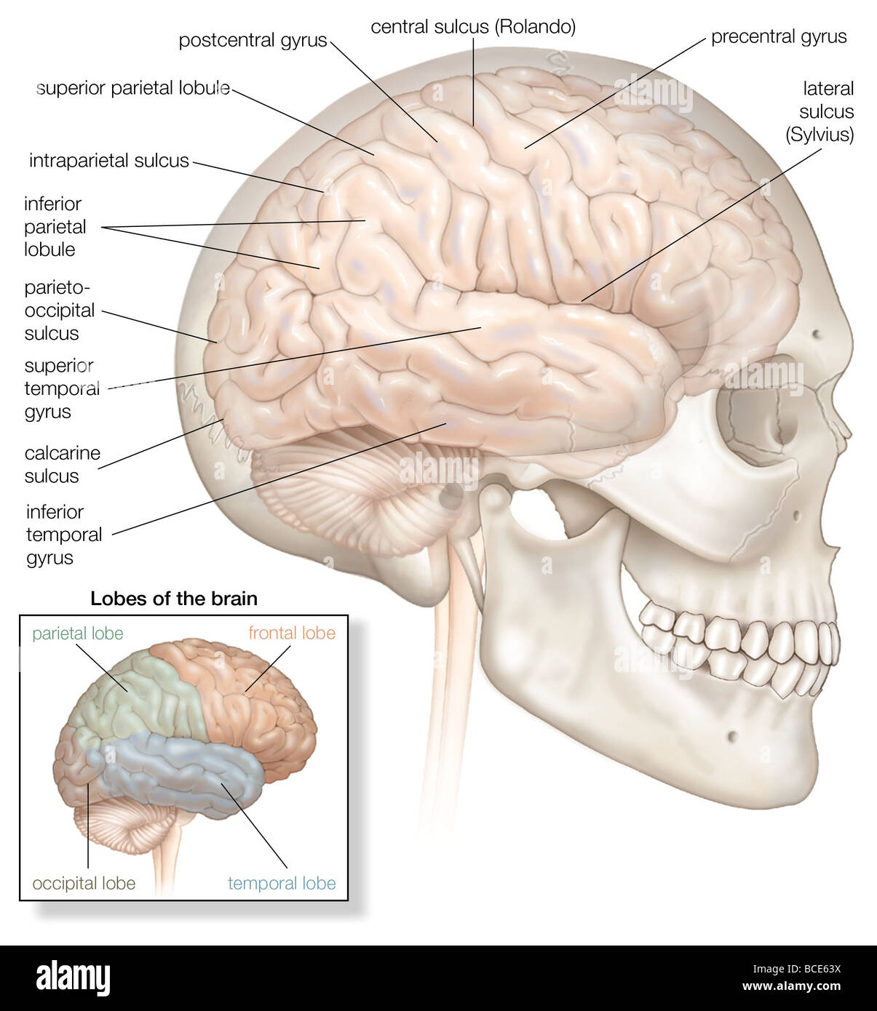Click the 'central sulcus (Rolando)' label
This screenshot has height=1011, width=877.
tap(473, 27)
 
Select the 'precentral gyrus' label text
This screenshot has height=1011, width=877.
tap(779, 37)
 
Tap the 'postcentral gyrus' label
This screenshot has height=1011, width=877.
tap(253, 41)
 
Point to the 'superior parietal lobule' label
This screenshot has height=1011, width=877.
tap(133, 89)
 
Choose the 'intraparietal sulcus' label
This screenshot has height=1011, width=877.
tap(109, 161)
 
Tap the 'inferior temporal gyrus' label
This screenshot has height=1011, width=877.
tap(64, 535)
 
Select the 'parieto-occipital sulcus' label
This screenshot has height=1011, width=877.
tap(60, 311)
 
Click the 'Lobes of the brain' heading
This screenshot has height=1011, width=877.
tap(174, 599)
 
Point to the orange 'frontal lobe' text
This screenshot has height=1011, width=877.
tap(292, 633)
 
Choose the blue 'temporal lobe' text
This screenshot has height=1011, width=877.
tap(282, 883)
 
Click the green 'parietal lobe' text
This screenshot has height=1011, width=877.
tap(78, 634)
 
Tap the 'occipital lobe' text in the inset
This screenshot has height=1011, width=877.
tap(84, 884)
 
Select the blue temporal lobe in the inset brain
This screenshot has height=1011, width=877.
tap(182, 771)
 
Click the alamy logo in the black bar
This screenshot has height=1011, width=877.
tap(73, 978)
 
